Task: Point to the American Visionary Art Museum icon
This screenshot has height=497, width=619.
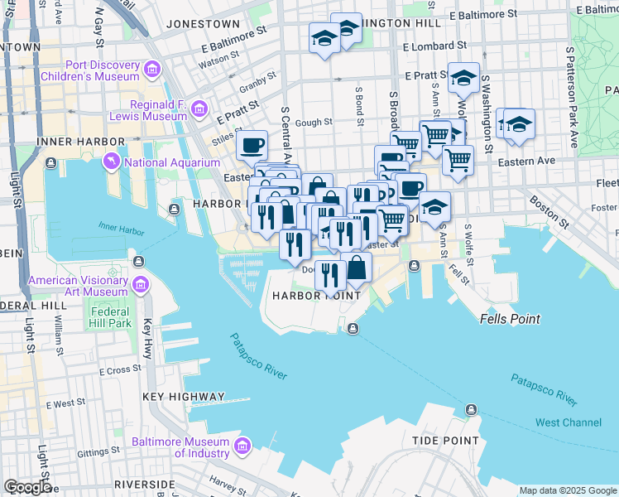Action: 139,286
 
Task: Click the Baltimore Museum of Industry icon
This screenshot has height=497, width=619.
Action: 242,447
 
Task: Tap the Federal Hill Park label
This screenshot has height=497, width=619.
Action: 110,317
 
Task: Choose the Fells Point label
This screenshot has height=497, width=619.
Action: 510,319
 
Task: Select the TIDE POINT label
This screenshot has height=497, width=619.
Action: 446,440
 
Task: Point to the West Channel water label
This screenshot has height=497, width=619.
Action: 569,422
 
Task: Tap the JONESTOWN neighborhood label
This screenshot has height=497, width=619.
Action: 203,25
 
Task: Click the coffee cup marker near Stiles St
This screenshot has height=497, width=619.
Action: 252,146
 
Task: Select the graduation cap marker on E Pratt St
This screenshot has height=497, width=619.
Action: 463,79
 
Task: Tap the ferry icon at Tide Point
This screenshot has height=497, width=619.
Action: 471,409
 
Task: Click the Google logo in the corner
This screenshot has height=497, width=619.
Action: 27,487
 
